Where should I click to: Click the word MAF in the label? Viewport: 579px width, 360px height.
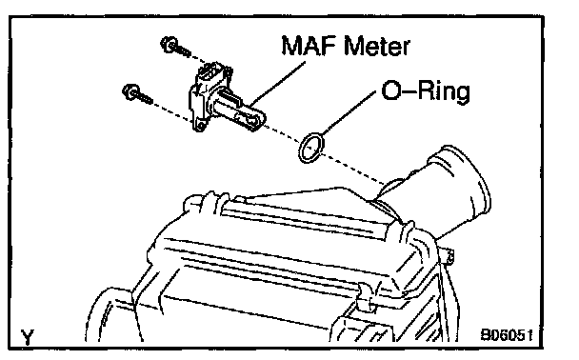tap(309, 46)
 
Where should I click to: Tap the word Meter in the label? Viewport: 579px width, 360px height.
tap(376, 46)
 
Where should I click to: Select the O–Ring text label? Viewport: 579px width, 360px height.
tap(426, 90)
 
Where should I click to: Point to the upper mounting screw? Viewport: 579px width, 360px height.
tap(175, 48)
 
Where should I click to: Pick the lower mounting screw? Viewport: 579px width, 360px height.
tap(136, 93)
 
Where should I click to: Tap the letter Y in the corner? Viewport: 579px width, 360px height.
tap(28, 337)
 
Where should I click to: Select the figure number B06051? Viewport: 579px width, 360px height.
tap(507, 335)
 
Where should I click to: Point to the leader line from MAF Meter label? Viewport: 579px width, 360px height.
tap(278, 84)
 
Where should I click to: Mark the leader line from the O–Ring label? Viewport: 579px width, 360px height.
tap(349, 113)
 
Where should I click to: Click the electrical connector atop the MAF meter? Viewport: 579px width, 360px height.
tap(212, 72)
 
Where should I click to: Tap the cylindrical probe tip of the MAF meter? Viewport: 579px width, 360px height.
tap(253, 118)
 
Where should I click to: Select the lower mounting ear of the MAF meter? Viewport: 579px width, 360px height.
tap(199, 125)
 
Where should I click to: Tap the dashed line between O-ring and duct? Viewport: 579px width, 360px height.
tap(354, 168)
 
